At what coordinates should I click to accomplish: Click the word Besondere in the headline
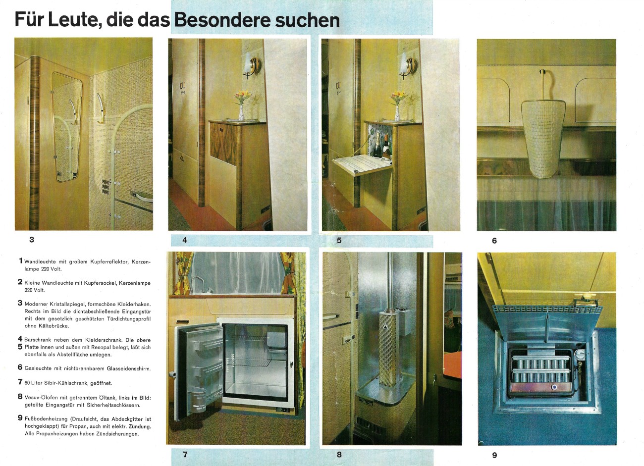[222, 20]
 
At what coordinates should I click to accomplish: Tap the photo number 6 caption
[494, 241]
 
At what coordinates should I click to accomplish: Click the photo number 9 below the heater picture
[494, 455]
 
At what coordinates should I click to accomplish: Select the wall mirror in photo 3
[67, 126]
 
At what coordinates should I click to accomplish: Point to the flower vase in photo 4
[242, 112]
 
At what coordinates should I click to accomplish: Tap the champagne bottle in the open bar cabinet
[377, 144]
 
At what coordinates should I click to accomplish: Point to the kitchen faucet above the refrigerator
[198, 284]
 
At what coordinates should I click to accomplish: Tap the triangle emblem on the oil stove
[384, 327]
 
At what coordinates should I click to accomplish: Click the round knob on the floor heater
[554, 387]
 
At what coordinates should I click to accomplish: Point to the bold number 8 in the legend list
[20, 397]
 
